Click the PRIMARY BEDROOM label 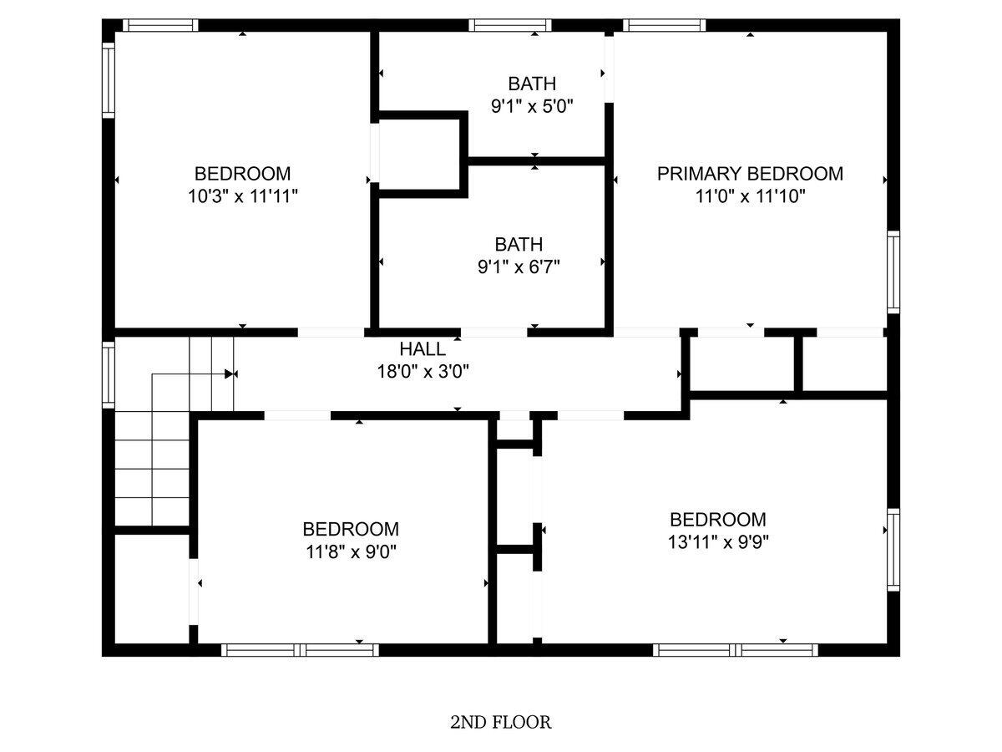click(x=750, y=174)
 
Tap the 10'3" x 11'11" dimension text click(x=243, y=197)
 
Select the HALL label click(x=423, y=349)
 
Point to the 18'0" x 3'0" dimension click(x=423, y=372)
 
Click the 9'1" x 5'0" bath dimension click(x=532, y=107)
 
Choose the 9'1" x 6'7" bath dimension click(x=519, y=267)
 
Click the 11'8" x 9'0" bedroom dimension click(x=351, y=553)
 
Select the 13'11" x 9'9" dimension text click(x=718, y=543)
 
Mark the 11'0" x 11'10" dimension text click(x=750, y=197)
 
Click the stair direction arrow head click(x=229, y=374)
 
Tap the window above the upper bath click(x=510, y=26)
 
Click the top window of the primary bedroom click(x=664, y=26)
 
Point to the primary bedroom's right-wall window click(x=893, y=272)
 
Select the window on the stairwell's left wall click(x=109, y=375)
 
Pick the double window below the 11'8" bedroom click(x=300, y=650)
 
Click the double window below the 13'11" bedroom click(x=735, y=650)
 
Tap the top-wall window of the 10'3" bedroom click(x=160, y=26)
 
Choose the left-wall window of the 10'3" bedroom click(x=109, y=80)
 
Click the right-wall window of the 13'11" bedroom click(x=893, y=550)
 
